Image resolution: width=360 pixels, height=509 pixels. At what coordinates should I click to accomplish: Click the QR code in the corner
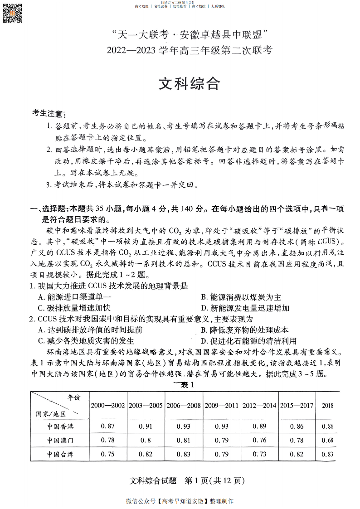pyautogui.click(x=13, y=12)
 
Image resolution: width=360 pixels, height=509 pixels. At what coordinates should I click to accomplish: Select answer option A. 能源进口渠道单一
pyautogui.click(x=75, y=297)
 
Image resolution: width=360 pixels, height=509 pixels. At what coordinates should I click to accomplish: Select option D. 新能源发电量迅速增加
pyautogui.click(x=245, y=308)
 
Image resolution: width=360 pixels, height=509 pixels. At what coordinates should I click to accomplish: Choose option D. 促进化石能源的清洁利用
pyautogui.click(x=248, y=341)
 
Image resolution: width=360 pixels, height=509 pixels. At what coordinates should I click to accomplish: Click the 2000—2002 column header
pyautogui.click(x=108, y=405)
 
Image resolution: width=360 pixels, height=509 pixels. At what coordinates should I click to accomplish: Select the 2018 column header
pyautogui.click(x=327, y=405)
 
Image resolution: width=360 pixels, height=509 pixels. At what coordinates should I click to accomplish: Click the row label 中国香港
pyautogui.click(x=60, y=427)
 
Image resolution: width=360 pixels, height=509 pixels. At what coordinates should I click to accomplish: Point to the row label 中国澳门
pyautogui.click(x=60, y=440)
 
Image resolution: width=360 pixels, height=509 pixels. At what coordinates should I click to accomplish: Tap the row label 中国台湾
pyautogui.click(x=60, y=454)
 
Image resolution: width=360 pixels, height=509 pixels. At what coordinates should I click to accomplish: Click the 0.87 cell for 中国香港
pyautogui.click(x=108, y=427)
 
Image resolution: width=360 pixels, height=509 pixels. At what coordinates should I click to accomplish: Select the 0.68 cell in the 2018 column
pyautogui.click(x=327, y=440)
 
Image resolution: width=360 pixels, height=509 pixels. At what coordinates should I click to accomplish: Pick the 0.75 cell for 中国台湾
pyautogui.click(x=108, y=454)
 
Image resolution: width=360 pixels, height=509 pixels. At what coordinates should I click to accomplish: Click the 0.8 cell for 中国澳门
pyautogui.click(x=146, y=440)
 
